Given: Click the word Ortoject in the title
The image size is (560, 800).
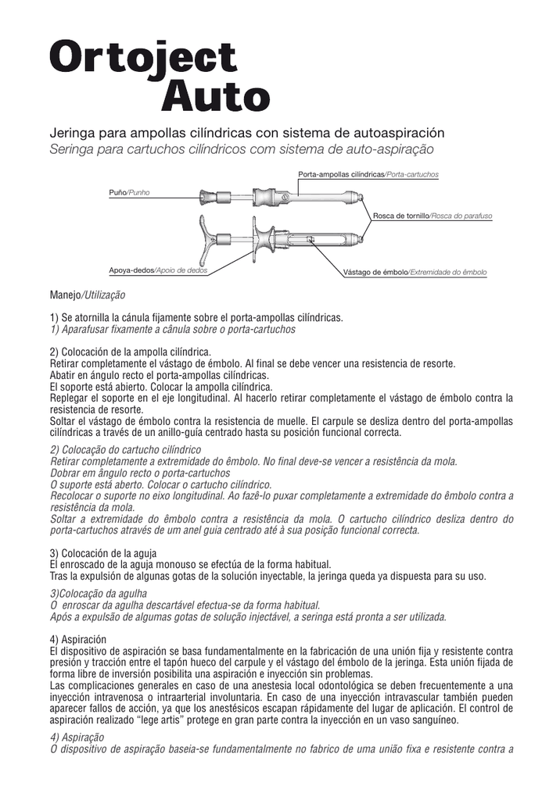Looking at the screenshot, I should point(143,59).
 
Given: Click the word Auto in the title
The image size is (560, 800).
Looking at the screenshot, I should point(215,97).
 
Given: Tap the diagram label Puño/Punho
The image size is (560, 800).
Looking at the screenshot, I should point(128,191).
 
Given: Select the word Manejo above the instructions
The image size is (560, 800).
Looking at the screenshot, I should point(65,296).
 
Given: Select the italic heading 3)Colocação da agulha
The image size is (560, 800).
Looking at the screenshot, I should point(98,594).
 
